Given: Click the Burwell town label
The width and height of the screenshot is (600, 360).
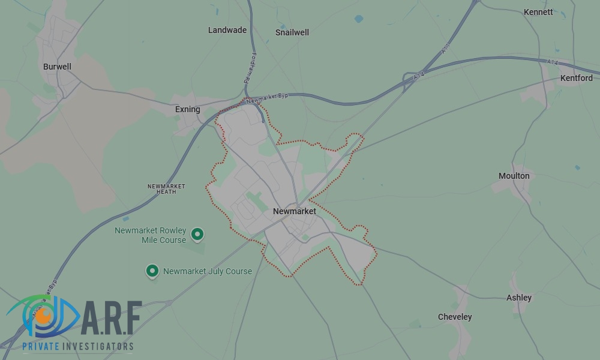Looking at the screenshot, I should (x=57, y=67).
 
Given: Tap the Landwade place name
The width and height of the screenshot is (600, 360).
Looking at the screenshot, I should (x=227, y=30).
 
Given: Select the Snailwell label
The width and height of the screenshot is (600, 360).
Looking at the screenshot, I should (x=292, y=32).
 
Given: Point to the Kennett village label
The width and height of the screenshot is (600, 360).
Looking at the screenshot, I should (x=538, y=12).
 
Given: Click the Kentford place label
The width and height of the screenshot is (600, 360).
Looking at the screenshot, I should (x=576, y=78).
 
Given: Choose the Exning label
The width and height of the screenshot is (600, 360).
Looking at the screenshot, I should (x=187, y=109).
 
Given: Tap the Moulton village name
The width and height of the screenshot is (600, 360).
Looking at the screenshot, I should (x=514, y=176).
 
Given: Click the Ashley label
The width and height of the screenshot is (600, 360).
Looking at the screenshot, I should (x=519, y=298).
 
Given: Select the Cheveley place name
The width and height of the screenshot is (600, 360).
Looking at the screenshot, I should (x=455, y=317).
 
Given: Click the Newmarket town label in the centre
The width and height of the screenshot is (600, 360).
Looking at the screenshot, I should (x=294, y=211).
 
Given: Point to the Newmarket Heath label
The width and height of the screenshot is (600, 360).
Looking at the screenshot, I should (x=166, y=189).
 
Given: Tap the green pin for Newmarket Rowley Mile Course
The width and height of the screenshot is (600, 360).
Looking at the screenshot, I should (x=197, y=233).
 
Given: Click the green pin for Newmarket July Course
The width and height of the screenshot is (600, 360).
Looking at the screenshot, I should (x=152, y=271).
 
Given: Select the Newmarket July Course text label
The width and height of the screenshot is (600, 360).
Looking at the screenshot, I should (x=208, y=271).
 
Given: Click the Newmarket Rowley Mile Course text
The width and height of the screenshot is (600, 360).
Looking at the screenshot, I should (x=151, y=235).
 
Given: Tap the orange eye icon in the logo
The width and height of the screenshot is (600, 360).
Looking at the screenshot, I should (x=42, y=314).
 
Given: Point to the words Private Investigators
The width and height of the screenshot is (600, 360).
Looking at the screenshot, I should (x=78, y=346).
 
